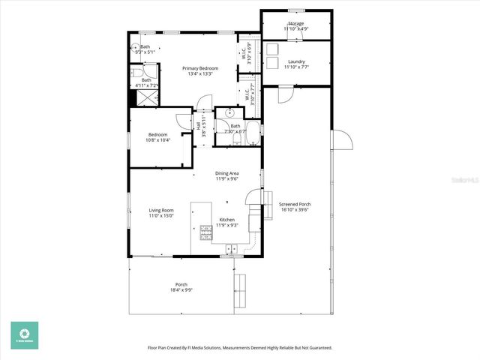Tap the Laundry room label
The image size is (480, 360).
pyautogui.click(x=295, y=61)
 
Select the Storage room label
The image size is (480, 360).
pyautogui.click(x=295, y=24)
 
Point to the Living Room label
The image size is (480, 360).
pyautogui.click(x=161, y=210)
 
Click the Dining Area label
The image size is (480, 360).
pyautogui.click(x=226, y=173)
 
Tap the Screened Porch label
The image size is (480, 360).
pyautogui.click(x=295, y=204)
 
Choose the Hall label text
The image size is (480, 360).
pyautogui.click(x=199, y=127)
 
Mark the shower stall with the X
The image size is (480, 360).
pyautogui.click(x=132, y=97)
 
